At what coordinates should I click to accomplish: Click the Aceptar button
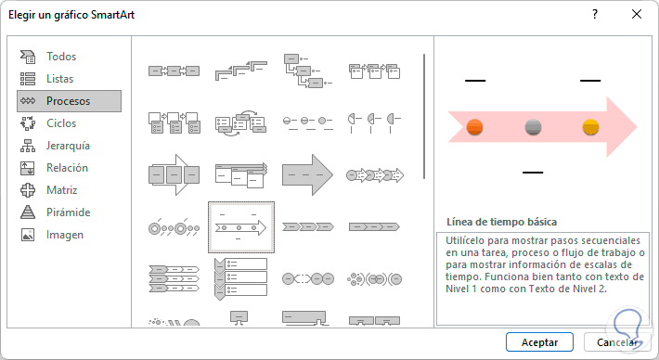tap(539, 342)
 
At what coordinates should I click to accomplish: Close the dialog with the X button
tap(637, 14)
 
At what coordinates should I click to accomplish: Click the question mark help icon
tap(595, 14)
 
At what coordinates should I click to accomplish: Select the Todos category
tap(61, 57)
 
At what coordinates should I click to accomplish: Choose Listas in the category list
tap(59, 79)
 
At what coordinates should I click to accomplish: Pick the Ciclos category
tap(61, 123)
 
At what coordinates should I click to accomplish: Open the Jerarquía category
tap(68, 146)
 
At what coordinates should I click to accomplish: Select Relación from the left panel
tap(67, 168)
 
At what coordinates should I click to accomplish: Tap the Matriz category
tap(62, 190)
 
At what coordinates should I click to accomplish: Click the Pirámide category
tap(68, 212)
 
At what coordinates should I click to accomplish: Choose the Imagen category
tap(65, 235)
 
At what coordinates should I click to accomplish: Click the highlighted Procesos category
tap(69, 101)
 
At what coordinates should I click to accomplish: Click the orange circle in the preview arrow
tap(475, 127)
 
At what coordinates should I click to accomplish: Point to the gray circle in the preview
tap(533, 127)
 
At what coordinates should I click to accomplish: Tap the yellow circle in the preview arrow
tap(590, 127)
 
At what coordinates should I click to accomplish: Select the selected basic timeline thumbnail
tap(240, 227)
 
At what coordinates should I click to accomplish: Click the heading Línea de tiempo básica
tap(502, 222)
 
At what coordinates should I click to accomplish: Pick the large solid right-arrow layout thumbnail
tap(307, 174)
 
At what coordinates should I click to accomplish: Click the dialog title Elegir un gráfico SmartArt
tap(71, 15)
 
